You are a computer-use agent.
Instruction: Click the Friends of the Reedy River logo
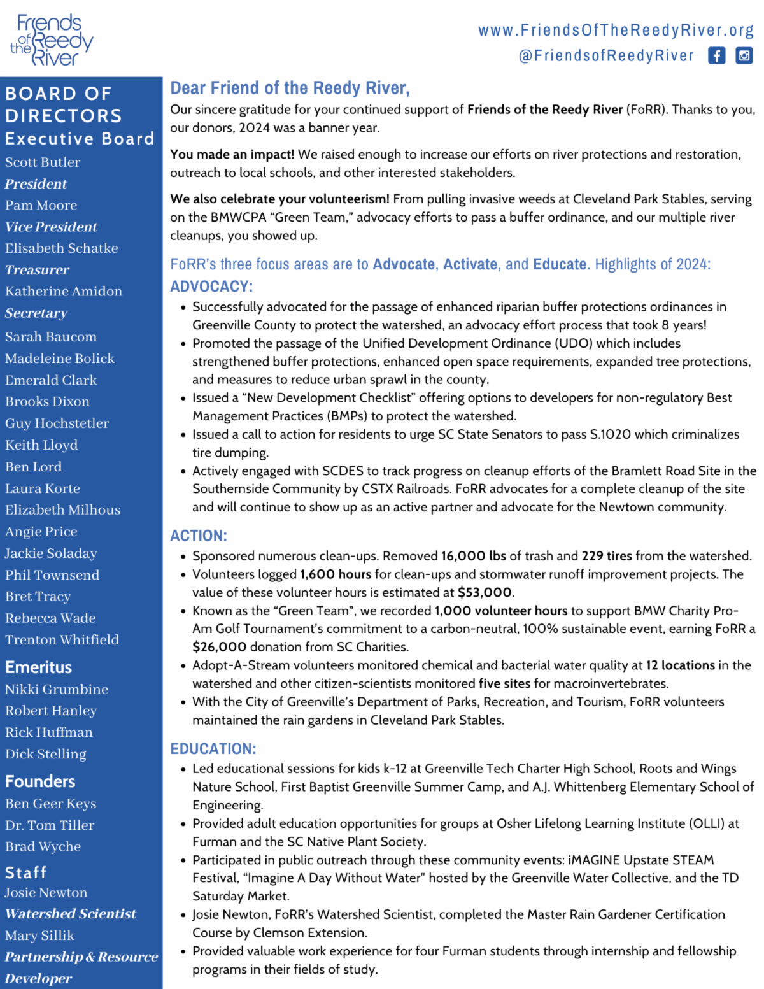[51, 39]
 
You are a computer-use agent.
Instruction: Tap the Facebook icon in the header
[716, 56]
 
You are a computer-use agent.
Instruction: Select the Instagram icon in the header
[744, 56]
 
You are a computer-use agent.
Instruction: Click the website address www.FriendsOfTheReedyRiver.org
[616, 30]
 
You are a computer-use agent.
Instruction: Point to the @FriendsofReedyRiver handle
[606, 56]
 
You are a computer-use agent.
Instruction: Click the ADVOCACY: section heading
[211, 287]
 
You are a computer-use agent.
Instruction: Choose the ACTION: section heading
[199, 536]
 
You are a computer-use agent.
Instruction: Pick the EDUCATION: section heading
[213, 749]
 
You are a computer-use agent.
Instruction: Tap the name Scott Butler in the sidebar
[43, 162]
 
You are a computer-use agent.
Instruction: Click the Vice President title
[51, 227]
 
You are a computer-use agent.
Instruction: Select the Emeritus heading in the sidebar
[38, 667]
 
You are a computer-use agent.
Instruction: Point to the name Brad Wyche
[43, 847]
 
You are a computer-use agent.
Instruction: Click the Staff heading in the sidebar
[25, 872]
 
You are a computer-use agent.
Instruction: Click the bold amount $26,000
[219, 647]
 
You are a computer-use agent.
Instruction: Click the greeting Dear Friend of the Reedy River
[290, 88]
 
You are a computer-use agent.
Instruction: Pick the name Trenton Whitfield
[62, 640]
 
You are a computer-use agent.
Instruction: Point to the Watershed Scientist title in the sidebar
[70, 914]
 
